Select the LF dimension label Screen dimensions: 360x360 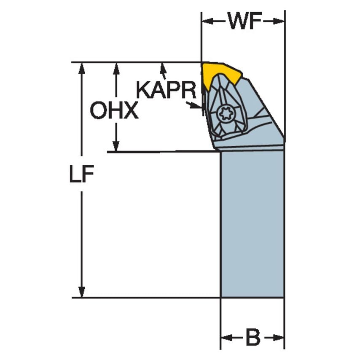click(x=81, y=176)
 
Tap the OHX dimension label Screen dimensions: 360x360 click(x=114, y=111)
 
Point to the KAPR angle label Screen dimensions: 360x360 click(x=166, y=91)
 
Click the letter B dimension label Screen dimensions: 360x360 click(x=253, y=338)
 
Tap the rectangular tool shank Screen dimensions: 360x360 click(x=252, y=223)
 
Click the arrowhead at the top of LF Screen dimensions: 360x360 click(x=82, y=68)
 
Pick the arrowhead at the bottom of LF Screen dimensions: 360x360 click(x=82, y=292)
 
